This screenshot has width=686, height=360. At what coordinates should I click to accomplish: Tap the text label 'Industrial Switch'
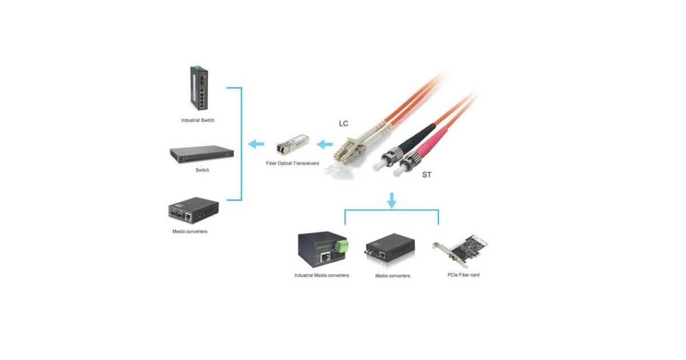point(198,121)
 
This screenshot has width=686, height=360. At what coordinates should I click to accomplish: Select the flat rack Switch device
point(202,153)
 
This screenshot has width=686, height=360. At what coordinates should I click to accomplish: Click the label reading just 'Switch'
point(202,170)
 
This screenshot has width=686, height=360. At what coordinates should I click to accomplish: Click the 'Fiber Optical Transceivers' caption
point(292,163)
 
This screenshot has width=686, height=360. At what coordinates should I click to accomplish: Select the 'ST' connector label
point(426,175)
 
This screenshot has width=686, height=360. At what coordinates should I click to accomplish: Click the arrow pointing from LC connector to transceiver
point(325,145)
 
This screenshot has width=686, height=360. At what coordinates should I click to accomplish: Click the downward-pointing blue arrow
point(392,200)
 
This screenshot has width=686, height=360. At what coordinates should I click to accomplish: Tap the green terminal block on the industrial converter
point(342,246)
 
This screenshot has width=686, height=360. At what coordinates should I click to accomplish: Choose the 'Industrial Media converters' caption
point(321,275)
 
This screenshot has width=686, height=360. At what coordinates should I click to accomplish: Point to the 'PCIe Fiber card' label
point(463,275)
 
